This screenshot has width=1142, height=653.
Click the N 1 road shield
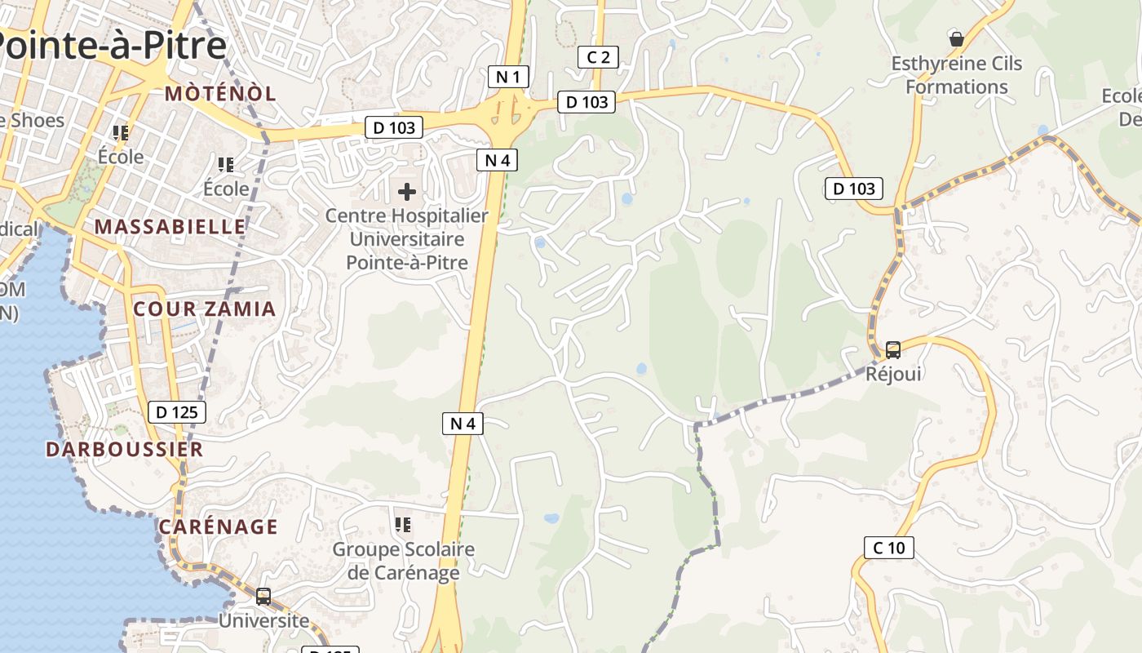[508, 78]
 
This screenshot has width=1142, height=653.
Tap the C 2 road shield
[598, 57]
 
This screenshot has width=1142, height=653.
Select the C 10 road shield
[888, 548]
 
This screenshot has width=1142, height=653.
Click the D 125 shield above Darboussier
[177, 412]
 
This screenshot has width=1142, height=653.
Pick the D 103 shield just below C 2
[586, 102]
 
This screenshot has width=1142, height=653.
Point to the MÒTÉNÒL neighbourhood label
[220, 93]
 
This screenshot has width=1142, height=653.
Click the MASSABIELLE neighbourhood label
[170, 226]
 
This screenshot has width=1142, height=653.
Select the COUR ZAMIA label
[205, 309]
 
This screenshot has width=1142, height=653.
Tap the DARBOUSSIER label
[124, 449]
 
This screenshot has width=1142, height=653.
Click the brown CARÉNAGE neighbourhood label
[219, 526]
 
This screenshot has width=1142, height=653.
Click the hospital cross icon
[406, 193]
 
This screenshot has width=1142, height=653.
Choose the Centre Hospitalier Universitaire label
[406, 239]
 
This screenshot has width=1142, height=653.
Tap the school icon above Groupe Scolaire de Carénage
[402, 525]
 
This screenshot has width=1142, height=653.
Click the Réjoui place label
[893, 374]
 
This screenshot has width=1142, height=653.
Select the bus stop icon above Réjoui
[893, 350]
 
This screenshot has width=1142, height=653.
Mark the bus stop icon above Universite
[263, 597]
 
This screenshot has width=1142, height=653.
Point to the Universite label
[263, 620]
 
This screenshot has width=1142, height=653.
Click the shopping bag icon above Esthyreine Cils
[956, 39]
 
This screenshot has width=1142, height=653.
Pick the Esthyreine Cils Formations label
[956, 75]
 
